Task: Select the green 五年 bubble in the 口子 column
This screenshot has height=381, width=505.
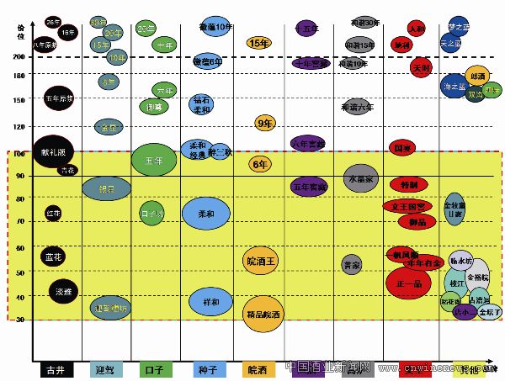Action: (x=153, y=160)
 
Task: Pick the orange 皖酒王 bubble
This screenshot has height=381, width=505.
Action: (x=260, y=261)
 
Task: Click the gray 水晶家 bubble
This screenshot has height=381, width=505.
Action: (x=361, y=179)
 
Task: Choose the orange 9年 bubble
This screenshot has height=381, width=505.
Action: (x=266, y=124)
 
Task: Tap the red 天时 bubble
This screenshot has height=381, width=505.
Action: (x=422, y=66)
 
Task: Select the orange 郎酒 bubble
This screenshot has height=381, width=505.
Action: (x=478, y=77)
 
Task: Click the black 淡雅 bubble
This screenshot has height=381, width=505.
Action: (x=63, y=292)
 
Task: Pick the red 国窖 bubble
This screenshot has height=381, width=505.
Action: (x=402, y=147)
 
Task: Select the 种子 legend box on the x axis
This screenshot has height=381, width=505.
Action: (x=206, y=368)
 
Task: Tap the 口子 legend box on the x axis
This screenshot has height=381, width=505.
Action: (x=155, y=368)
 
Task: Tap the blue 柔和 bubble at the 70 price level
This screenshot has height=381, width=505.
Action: (x=206, y=213)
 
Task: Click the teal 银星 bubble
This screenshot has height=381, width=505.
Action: (x=106, y=189)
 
